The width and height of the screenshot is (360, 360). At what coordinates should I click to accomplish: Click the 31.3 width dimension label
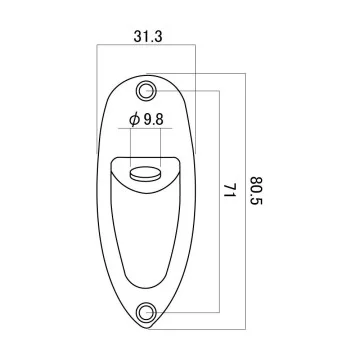pyautogui.click(x=148, y=36)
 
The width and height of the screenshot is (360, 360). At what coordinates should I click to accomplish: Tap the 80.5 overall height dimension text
pyautogui.click(x=256, y=191)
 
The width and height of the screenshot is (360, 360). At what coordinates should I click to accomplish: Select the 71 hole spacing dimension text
pyautogui.click(x=229, y=190)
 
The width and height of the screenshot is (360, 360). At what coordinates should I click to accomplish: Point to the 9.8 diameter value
pyautogui.click(x=154, y=120)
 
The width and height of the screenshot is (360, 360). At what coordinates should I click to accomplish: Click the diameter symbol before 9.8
pyautogui.click(x=134, y=120)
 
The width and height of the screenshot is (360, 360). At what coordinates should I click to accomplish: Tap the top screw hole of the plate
pyautogui.click(x=146, y=90)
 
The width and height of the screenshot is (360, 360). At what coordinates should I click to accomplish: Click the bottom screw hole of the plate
pyautogui.click(x=146, y=313)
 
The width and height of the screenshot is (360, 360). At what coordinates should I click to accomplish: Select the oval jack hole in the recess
pyautogui.click(x=145, y=175)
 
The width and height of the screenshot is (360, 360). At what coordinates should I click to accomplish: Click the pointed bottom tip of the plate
pyautogui.click(x=147, y=329)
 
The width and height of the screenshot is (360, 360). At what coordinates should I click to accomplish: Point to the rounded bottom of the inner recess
pyautogui.click(x=145, y=288)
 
